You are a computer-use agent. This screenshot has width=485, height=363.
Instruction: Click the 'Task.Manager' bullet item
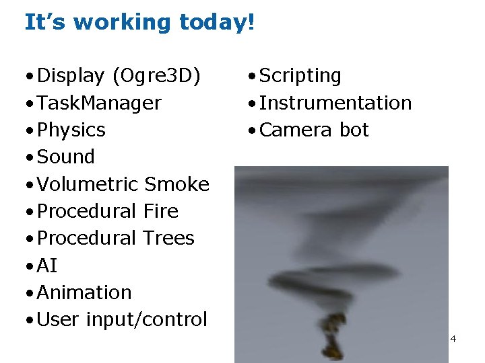(x=99, y=103)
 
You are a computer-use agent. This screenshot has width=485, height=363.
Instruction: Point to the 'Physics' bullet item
(x=71, y=130)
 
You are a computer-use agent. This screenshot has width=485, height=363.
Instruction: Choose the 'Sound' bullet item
(x=66, y=157)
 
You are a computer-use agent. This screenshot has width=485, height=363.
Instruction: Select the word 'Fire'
(x=161, y=211)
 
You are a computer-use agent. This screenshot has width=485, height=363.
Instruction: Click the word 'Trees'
(x=168, y=238)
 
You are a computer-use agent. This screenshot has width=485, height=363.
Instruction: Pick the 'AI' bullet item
(x=47, y=266)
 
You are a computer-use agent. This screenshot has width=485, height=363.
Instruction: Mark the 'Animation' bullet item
(x=84, y=292)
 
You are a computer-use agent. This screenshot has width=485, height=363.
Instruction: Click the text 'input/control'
(x=147, y=319)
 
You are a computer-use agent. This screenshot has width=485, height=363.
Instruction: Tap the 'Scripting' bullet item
(x=300, y=76)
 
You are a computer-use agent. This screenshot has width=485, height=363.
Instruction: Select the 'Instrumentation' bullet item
(x=335, y=103)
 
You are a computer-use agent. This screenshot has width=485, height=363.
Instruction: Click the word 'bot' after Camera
(x=354, y=130)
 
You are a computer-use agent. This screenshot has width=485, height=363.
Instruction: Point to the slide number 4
(x=453, y=339)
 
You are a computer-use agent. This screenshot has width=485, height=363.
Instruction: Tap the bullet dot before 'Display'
(x=30, y=76)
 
